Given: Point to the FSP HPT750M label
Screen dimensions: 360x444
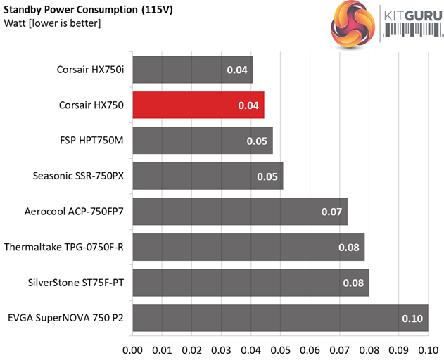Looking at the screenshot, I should pyautogui.click(x=91, y=141).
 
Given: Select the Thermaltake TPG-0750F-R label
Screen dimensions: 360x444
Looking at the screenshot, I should pyautogui.click(x=64, y=247).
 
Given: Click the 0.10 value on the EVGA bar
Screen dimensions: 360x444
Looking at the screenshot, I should pyautogui.click(x=412, y=319).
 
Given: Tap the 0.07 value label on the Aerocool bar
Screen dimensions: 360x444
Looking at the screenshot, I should pyautogui.click(x=331, y=212).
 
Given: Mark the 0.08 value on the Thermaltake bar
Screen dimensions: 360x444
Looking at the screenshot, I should pyautogui.click(x=348, y=247).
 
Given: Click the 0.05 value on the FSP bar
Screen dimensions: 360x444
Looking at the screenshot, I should pyautogui.click(x=257, y=141).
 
